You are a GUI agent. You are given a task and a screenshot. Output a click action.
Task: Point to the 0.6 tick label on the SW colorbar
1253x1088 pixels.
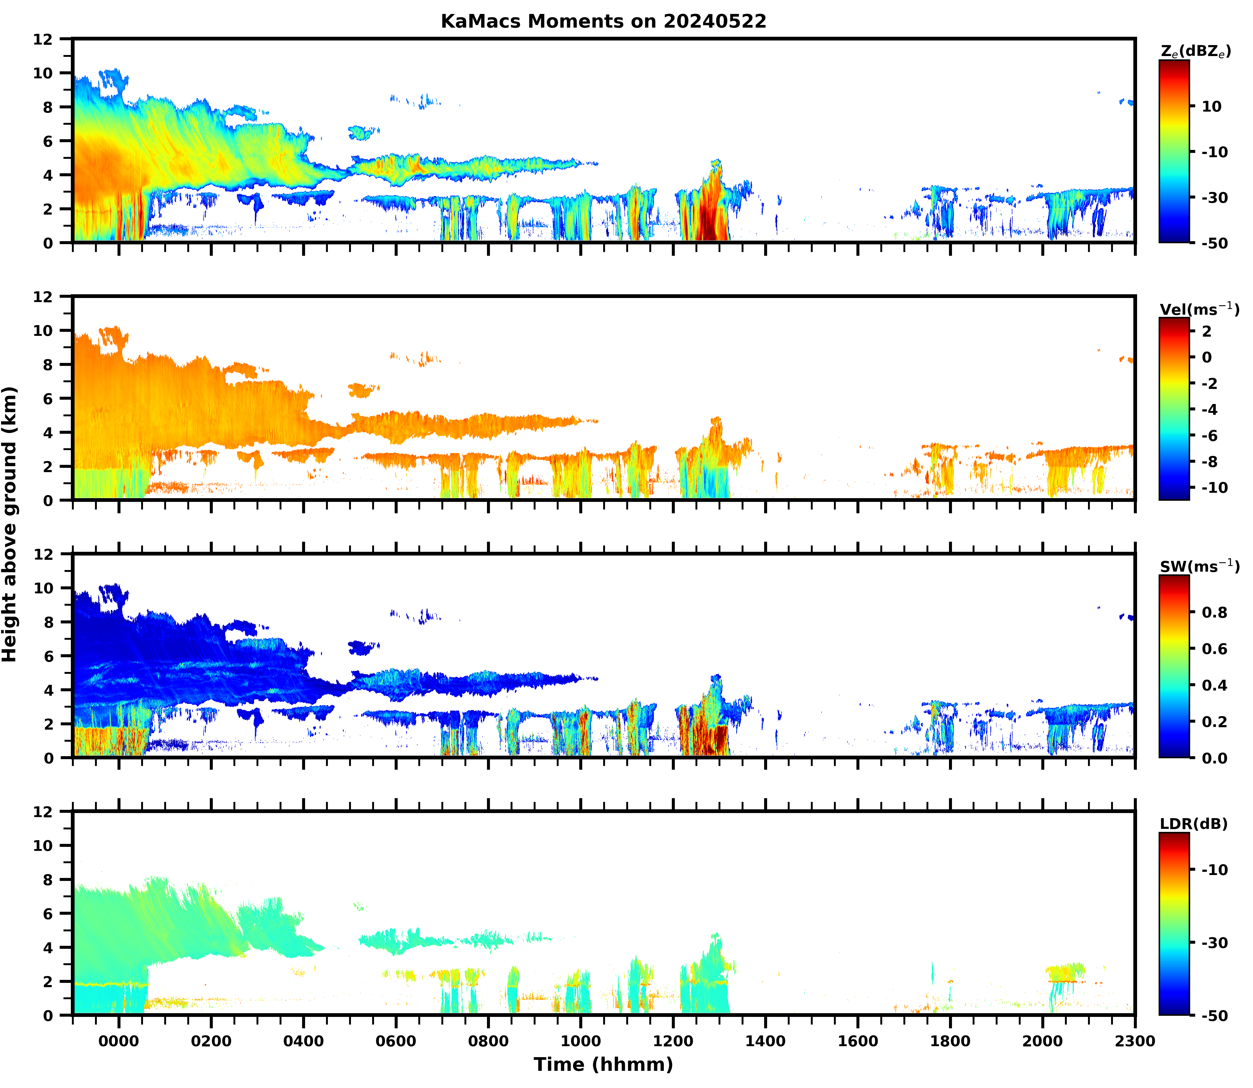click(1215, 649)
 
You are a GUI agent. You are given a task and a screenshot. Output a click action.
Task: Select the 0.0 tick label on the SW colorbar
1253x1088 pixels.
click(1215, 758)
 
